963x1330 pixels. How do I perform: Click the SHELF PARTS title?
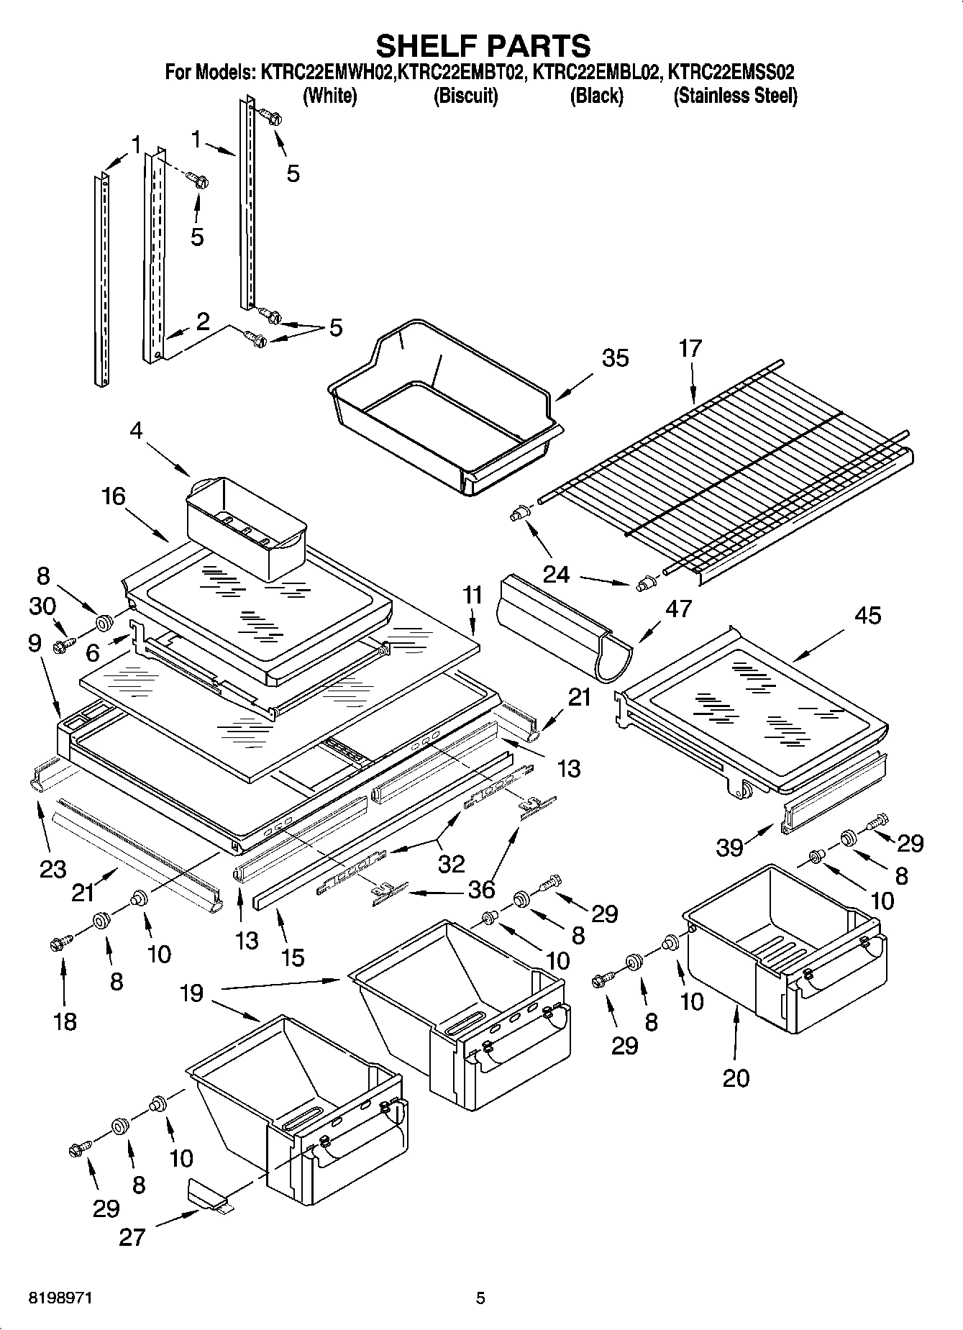click(x=483, y=45)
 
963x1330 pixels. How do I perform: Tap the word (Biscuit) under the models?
click(x=465, y=96)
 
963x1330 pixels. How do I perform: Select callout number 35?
click(x=615, y=357)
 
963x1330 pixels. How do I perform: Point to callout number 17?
click(x=690, y=348)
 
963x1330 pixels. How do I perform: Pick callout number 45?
click(x=868, y=616)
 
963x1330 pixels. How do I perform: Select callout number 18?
click(x=65, y=1021)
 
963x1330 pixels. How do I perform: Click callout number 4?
click(x=137, y=432)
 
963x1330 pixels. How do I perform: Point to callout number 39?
click(x=729, y=847)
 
